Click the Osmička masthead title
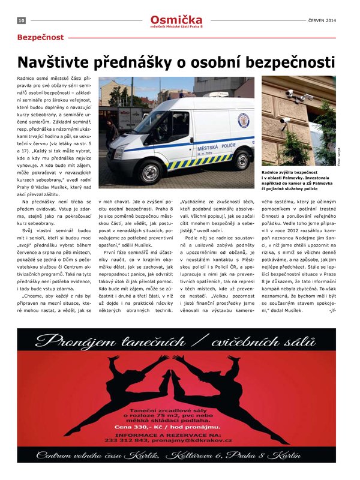tap(176, 19)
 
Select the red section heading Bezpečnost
tap(40, 37)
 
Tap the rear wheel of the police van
tap(241, 159)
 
